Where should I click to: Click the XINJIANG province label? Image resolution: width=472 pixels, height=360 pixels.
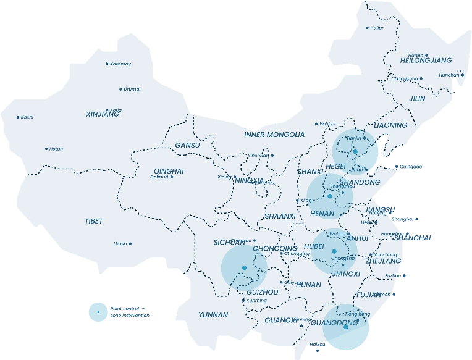[x=103, y=114]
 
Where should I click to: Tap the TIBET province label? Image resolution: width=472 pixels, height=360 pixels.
[x=94, y=221]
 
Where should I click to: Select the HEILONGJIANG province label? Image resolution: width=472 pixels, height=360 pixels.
[x=426, y=61]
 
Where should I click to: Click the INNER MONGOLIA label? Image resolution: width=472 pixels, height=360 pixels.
[x=274, y=135]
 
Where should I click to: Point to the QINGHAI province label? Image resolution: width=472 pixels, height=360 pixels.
[x=169, y=171]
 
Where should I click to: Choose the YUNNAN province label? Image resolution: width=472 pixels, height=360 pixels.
[x=213, y=315]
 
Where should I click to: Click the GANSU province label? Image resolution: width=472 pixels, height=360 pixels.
[x=188, y=145]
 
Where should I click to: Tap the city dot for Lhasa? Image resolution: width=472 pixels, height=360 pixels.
[x=130, y=243]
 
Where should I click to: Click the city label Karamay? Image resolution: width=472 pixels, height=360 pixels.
[x=120, y=64]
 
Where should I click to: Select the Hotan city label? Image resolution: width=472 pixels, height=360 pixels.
[x=56, y=149]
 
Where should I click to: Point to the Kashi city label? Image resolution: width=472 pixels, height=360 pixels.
[x=27, y=117]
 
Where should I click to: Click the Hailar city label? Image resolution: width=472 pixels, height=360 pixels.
[x=377, y=28]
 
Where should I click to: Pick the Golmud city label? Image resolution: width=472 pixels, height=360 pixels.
[x=159, y=177]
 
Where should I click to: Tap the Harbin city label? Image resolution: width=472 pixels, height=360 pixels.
[x=415, y=54]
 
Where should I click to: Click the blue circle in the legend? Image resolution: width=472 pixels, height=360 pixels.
[x=98, y=312]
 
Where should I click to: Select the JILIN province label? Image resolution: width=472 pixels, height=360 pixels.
[x=417, y=98]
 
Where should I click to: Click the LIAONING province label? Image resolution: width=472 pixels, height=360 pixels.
[x=390, y=125]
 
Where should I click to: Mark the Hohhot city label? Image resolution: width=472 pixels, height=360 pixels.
[x=328, y=123]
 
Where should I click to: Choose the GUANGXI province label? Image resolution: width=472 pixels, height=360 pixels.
[x=280, y=320]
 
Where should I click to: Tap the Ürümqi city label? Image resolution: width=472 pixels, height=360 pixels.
[x=132, y=89]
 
